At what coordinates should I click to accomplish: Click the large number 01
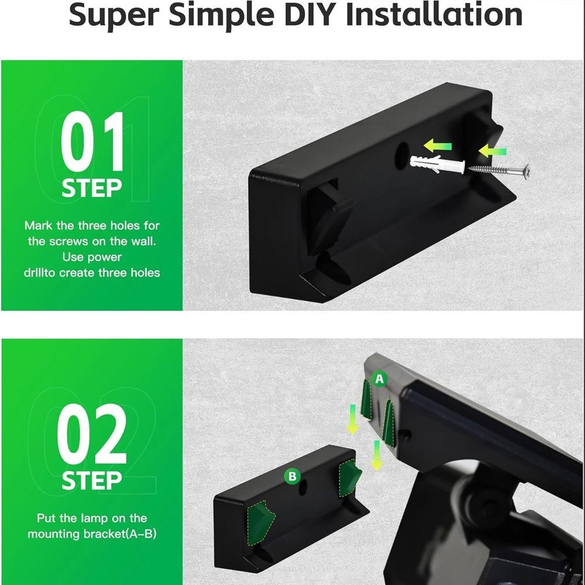[x=92, y=142]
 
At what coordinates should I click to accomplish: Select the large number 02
[x=92, y=434]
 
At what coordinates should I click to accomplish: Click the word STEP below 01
[x=92, y=188]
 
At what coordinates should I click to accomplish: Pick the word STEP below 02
[x=92, y=480]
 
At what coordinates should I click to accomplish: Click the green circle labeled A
[x=380, y=379]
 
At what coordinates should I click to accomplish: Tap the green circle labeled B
[x=292, y=476]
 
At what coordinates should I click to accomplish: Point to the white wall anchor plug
[x=437, y=164]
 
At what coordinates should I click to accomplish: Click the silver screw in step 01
[x=497, y=170]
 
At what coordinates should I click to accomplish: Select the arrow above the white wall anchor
[x=438, y=146]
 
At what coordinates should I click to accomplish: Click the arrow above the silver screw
[x=493, y=152]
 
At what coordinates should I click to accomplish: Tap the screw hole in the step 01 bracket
[x=401, y=156]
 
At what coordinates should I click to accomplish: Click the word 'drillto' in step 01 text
[x=39, y=273]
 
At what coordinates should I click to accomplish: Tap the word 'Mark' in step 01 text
[x=38, y=225]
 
